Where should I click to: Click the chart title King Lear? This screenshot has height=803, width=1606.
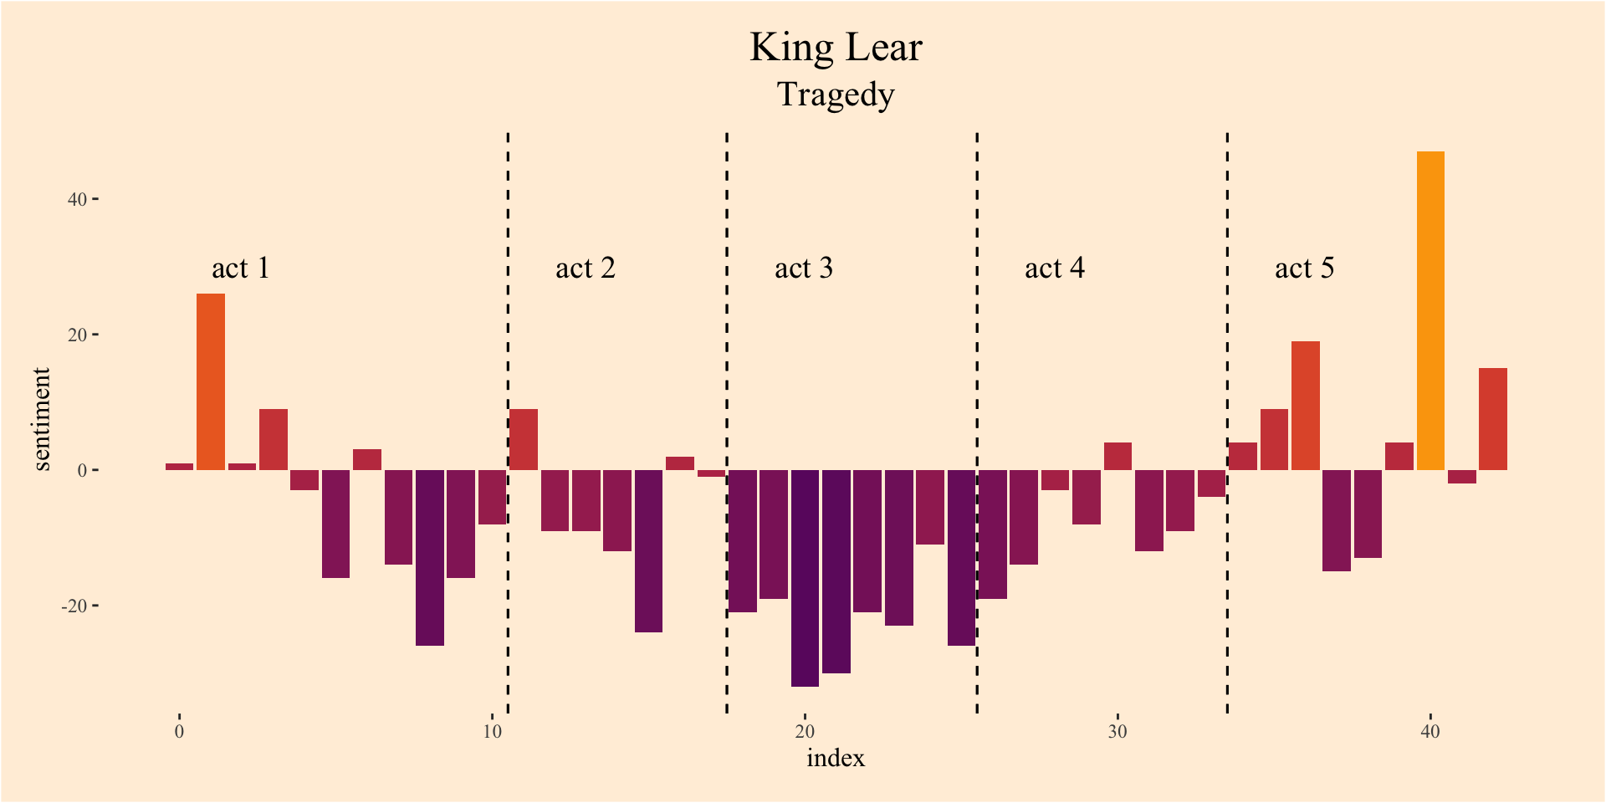(x=836, y=48)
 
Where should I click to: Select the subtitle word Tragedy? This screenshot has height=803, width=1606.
(x=836, y=95)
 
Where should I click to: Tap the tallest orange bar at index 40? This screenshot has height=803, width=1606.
(x=1430, y=310)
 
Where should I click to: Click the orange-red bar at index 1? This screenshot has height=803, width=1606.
(x=211, y=381)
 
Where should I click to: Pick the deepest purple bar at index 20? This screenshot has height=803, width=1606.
(x=805, y=578)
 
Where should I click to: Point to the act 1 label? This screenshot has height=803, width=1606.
(x=241, y=269)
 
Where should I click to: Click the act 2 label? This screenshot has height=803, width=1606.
(x=586, y=269)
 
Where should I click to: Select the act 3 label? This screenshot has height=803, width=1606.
(x=804, y=269)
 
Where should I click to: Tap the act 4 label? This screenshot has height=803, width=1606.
(x=1055, y=269)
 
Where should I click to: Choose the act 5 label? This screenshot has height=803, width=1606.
(x=1304, y=269)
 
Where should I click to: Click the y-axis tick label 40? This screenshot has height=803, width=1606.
(x=77, y=199)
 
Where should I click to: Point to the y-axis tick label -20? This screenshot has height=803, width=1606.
(x=74, y=606)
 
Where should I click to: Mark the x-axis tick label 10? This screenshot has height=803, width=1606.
(x=492, y=732)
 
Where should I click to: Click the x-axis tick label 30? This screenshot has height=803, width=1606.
(x=1118, y=732)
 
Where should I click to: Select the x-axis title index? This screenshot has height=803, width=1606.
(x=836, y=759)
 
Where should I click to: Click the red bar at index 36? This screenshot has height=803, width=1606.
(x=1305, y=406)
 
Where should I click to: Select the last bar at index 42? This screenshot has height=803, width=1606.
(x=1493, y=419)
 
